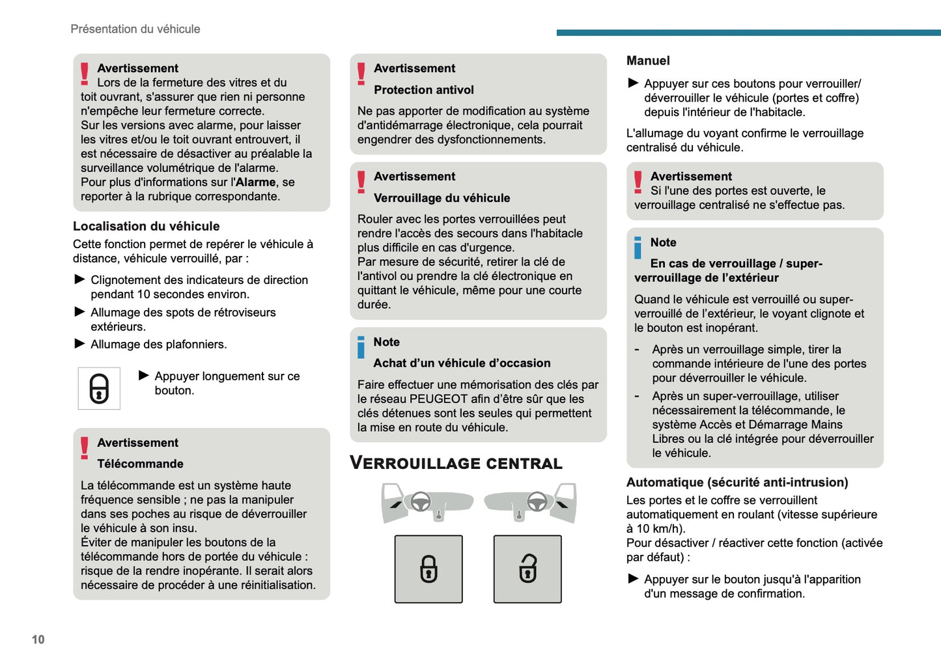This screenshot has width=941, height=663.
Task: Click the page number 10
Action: tap(38, 640)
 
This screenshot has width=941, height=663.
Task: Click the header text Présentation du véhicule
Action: tap(135, 29)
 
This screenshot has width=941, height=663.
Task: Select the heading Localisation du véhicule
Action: tap(146, 226)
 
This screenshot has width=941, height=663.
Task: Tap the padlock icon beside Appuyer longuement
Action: tap(99, 389)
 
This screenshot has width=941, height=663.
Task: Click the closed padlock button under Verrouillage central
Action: tap(428, 569)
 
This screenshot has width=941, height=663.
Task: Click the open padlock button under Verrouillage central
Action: tap(527, 569)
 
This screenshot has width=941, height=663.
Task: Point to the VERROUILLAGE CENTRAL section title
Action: tap(456, 463)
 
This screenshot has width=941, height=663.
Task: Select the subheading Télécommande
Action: tap(140, 464)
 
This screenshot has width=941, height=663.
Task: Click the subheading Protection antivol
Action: tap(423, 90)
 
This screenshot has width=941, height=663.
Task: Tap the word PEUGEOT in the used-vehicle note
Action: tap(439, 399)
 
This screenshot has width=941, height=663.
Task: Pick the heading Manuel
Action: tap(648, 61)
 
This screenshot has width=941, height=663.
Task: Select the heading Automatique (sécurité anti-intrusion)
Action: tap(737, 483)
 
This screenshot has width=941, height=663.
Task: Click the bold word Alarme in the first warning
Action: tap(255, 182)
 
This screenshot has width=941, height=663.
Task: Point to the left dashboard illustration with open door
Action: tap(427, 503)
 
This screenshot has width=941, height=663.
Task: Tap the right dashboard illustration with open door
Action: tap(531, 503)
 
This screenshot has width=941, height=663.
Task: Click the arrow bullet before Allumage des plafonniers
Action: tap(80, 343)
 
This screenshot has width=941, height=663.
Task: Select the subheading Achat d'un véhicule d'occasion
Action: tap(462, 363)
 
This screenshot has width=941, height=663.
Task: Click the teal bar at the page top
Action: tap(748, 33)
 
